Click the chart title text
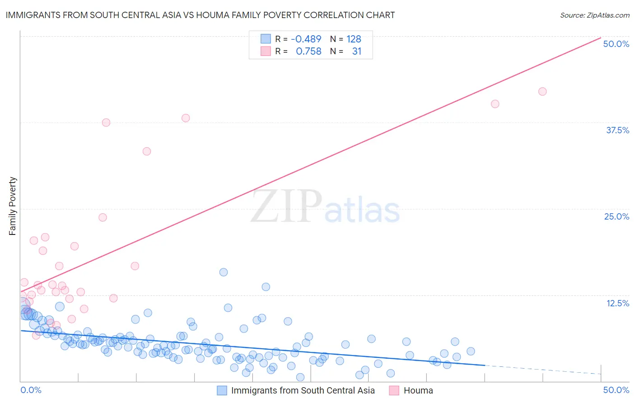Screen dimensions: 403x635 click(200, 15)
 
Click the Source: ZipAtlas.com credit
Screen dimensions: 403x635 click(594, 15)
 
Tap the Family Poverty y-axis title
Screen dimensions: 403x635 click(13, 206)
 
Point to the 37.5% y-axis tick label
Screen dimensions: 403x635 click(617, 130)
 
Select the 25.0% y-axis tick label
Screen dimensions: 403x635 click(616, 216)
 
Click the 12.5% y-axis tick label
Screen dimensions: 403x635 click(617, 303)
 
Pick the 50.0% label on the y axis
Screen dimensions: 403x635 click(616, 44)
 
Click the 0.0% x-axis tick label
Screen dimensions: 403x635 click(31, 390)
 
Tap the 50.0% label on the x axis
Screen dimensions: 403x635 click(616, 390)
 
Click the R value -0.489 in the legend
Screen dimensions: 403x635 click(306, 39)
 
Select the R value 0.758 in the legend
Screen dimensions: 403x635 click(308, 51)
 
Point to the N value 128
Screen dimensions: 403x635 click(354, 39)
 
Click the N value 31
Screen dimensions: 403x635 click(356, 51)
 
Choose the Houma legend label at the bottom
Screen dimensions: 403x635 click(418, 390)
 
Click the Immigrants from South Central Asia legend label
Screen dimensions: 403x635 click(303, 390)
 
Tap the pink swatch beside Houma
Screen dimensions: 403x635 click(394, 390)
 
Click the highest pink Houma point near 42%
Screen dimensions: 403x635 click(542, 91)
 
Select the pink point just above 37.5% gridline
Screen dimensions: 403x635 click(186, 118)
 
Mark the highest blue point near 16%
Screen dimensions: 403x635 click(224, 272)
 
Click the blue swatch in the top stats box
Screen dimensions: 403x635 click(266, 39)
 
